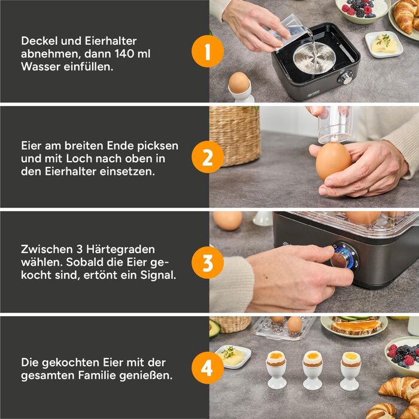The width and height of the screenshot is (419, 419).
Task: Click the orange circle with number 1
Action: coord(207,52)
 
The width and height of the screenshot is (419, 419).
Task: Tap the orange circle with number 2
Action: coord(207,158)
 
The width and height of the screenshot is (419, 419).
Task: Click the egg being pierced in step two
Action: coord(333,161)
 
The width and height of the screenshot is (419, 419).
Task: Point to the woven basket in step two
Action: coord(234,135)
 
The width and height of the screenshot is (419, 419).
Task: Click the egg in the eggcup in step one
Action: coord(239,83)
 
